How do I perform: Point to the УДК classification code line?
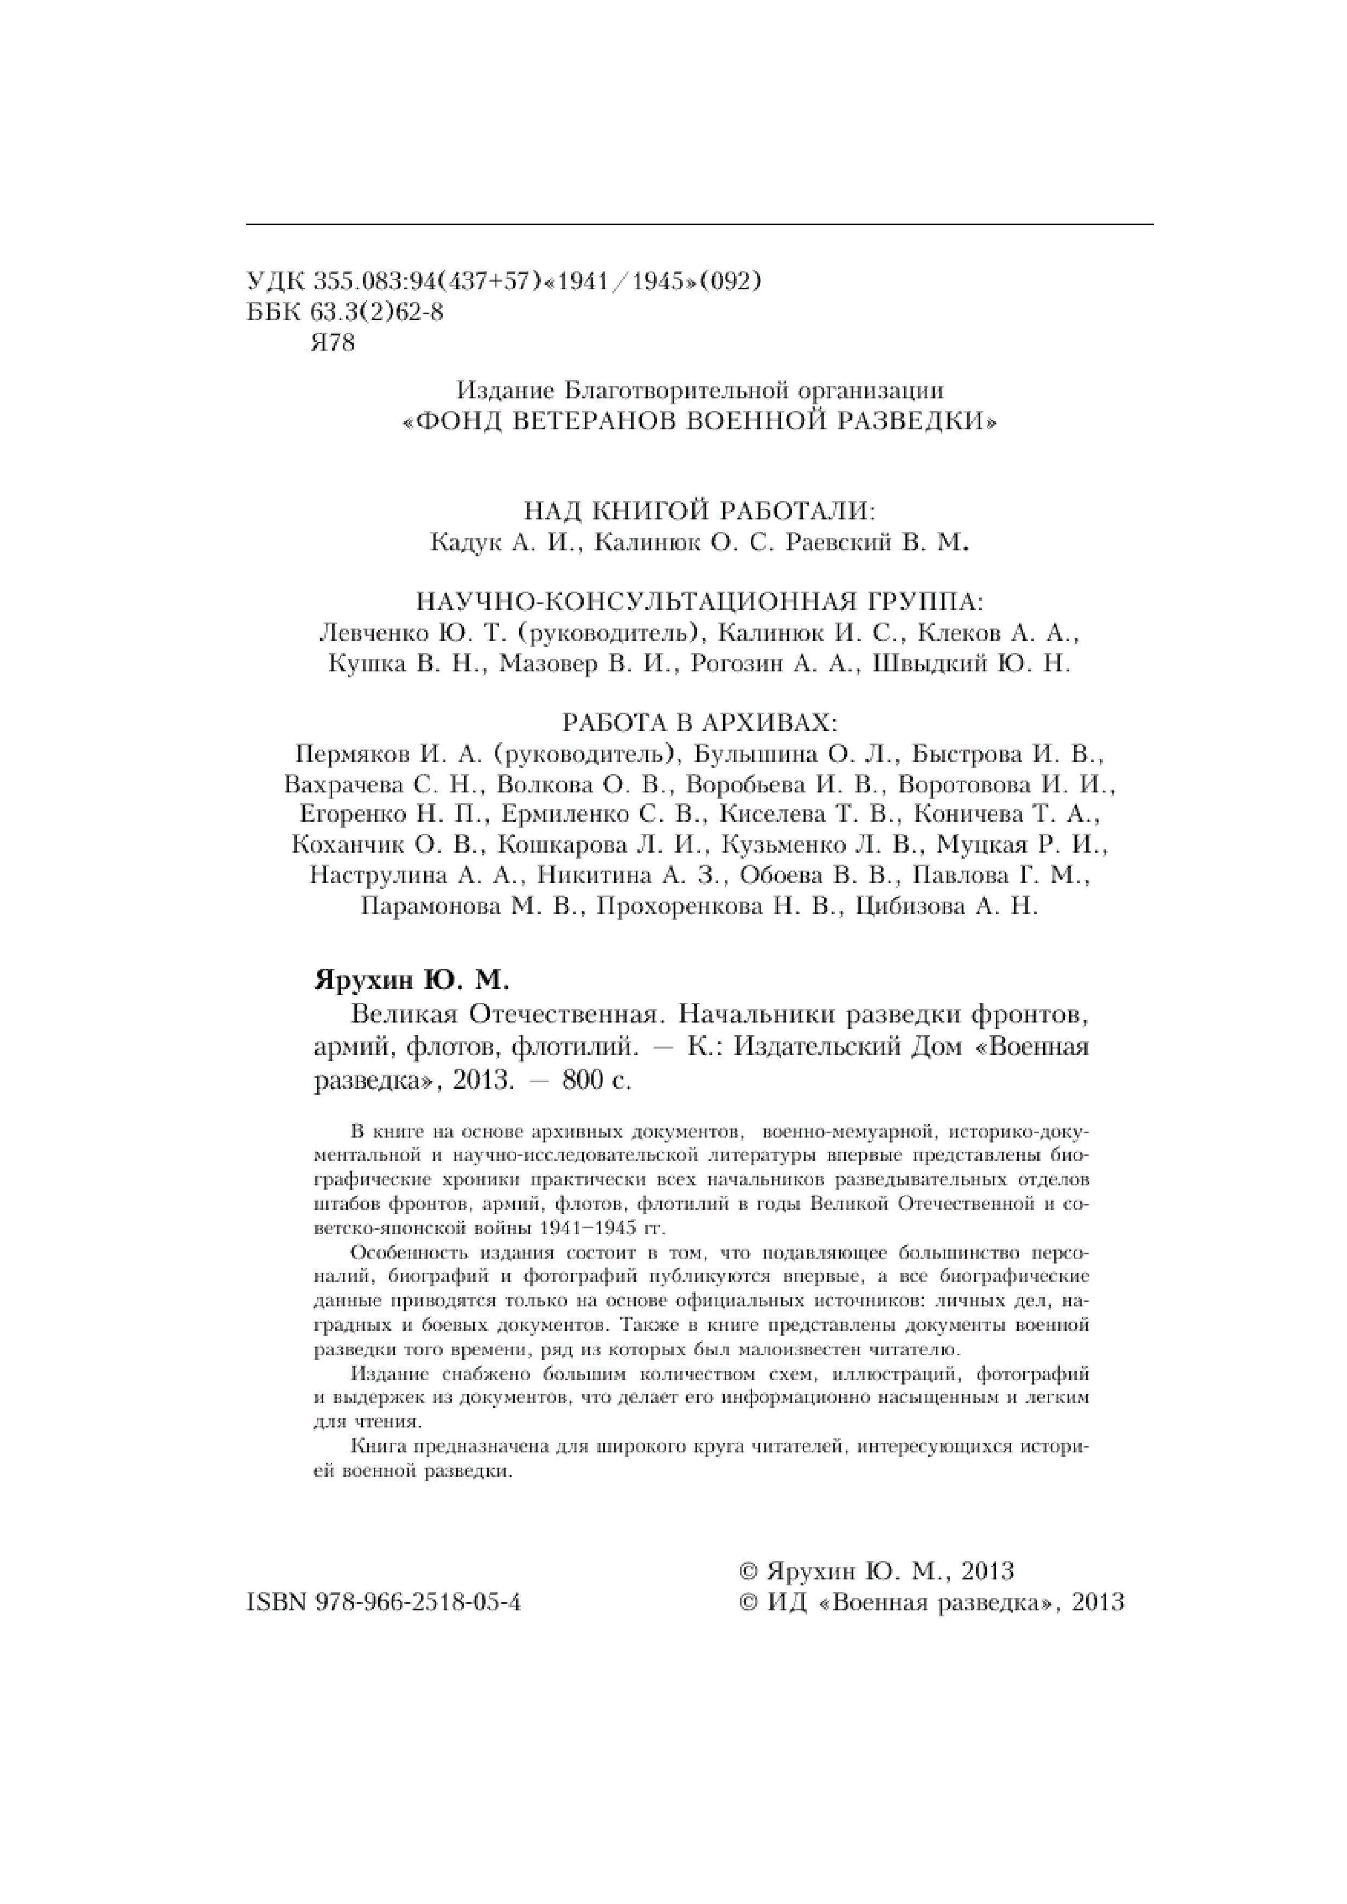(x=503, y=282)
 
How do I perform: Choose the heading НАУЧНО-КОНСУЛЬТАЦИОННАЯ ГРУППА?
(x=699, y=601)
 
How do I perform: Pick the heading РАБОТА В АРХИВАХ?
(x=699, y=722)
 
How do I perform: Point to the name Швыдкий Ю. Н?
(x=972, y=664)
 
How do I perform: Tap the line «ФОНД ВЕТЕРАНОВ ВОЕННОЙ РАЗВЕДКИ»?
(x=699, y=421)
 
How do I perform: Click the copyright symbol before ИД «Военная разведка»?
(x=748, y=1602)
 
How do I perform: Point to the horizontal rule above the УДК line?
(x=699, y=224)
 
